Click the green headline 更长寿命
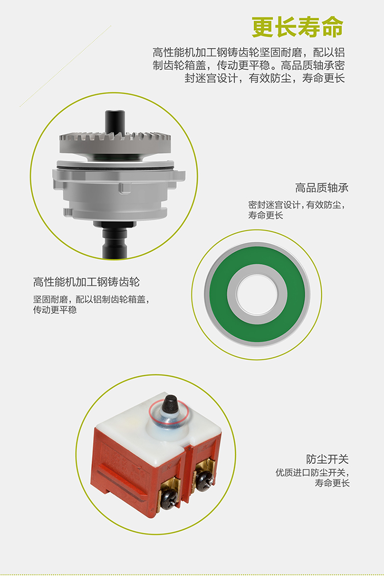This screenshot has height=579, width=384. [297, 27]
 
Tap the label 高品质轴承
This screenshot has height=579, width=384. [322, 188]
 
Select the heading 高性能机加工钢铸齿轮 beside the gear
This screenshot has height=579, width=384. [87, 282]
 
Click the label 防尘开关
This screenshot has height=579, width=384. [327, 459]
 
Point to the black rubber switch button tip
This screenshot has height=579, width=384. [169, 403]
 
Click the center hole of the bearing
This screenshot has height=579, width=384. [257, 294]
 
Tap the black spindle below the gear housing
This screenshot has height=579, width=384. [115, 241]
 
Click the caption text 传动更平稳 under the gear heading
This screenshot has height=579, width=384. [55, 310]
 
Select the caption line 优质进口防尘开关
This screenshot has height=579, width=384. [312, 472]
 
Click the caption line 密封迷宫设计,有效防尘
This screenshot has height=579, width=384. [296, 204]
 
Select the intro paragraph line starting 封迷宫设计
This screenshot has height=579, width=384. [265, 78]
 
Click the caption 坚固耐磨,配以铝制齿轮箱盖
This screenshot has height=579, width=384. [92, 299]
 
